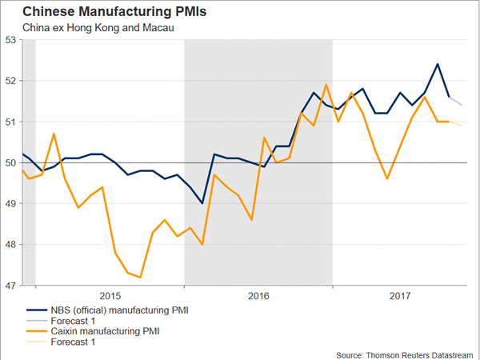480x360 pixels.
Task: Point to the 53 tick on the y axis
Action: click(x=11, y=39)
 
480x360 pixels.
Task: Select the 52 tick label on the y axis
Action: click(x=11, y=80)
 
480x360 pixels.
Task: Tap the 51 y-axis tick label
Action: click(x=11, y=122)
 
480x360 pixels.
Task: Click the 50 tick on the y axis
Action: click(x=11, y=162)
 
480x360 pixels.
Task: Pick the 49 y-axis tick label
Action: click(x=11, y=203)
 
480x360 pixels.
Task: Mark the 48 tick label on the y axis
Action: click(x=11, y=244)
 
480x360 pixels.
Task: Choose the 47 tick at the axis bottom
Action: click(x=11, y=285)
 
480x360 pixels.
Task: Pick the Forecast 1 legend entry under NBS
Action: click(x=72, y=319)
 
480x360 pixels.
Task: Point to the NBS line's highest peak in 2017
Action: click(x=437, y=64)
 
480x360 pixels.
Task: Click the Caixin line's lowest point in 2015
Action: click(x=141, y=277)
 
